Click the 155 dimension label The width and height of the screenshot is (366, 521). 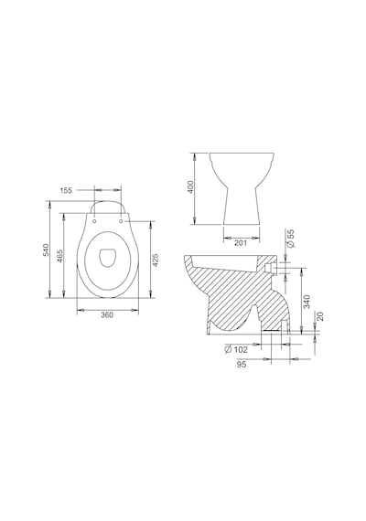click(x=66, y=190)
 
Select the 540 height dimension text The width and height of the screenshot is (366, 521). click(x=47, y=250)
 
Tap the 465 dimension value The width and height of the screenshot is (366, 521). click(x=60, y=256)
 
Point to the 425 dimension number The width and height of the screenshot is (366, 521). click(x=155, y=260)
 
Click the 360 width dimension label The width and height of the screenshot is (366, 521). click(x=107, y=315)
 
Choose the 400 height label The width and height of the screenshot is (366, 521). click(x=190, y=187)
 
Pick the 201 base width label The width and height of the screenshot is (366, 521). click(x=241, y=243)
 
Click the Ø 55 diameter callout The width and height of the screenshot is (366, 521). click(x=291, y=239)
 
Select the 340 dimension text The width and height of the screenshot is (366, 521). click(x=307, y=302)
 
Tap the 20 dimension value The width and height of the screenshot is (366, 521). click(x=320, y=316)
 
